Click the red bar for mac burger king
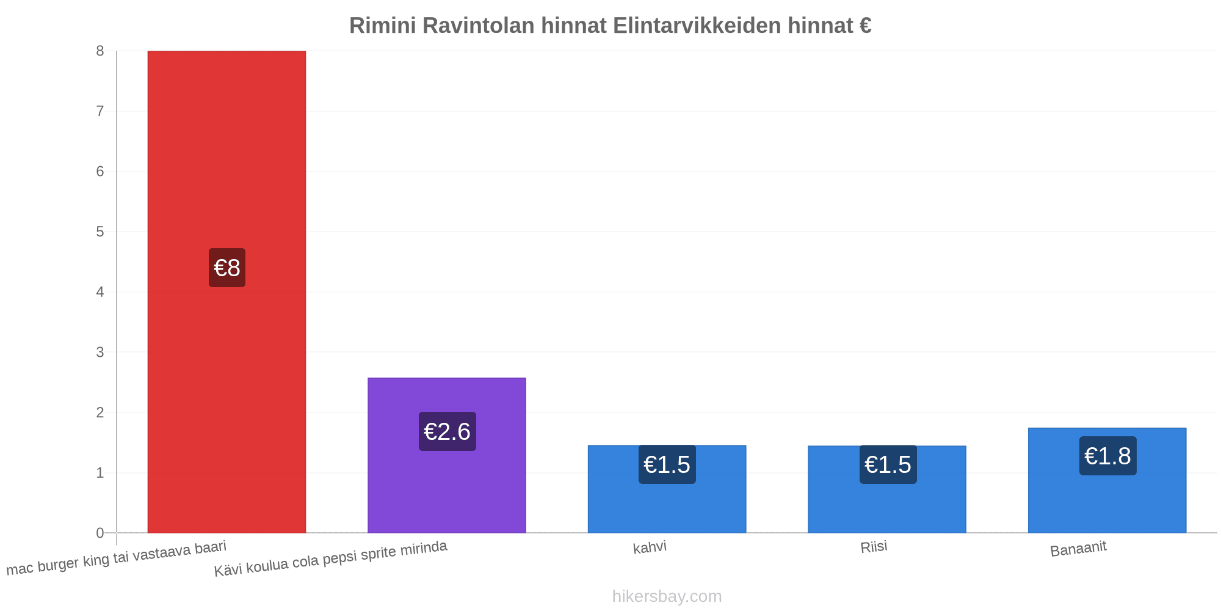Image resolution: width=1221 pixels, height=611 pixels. tap(226, 292)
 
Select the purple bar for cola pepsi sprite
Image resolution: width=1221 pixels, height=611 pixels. tap(447, 455)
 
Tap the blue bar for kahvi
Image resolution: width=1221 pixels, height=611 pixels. tap(667, 489)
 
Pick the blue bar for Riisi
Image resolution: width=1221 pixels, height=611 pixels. tap(887, 489)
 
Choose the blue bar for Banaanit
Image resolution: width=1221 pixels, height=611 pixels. tap(1107, 480)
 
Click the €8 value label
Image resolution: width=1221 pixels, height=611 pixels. tap(227, 268)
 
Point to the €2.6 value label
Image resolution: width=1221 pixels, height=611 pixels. tap(447, 431)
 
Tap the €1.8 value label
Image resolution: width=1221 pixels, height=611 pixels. tap(1108, 456)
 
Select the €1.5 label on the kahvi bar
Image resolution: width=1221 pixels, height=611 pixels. tap(667, 464)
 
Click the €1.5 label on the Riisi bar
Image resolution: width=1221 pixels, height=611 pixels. tap(888, 464)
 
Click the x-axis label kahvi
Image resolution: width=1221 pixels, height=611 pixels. tap(650, 547)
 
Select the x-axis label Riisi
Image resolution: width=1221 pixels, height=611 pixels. tap(874, 547)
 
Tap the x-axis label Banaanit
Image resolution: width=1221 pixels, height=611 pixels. tap(1078, 549)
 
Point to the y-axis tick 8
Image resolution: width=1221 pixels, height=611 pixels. tap(100, 51)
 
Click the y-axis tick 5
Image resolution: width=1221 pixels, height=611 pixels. tap(100, 232)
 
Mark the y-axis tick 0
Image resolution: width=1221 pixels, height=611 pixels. tap(100, 533)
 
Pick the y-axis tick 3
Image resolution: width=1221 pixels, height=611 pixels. tap(100, 353)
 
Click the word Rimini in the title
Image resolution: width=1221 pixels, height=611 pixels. tap(382, 26)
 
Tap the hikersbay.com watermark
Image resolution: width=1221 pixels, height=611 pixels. tap(667, 596)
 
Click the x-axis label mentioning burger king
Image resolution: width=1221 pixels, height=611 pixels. tap(116, 558)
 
